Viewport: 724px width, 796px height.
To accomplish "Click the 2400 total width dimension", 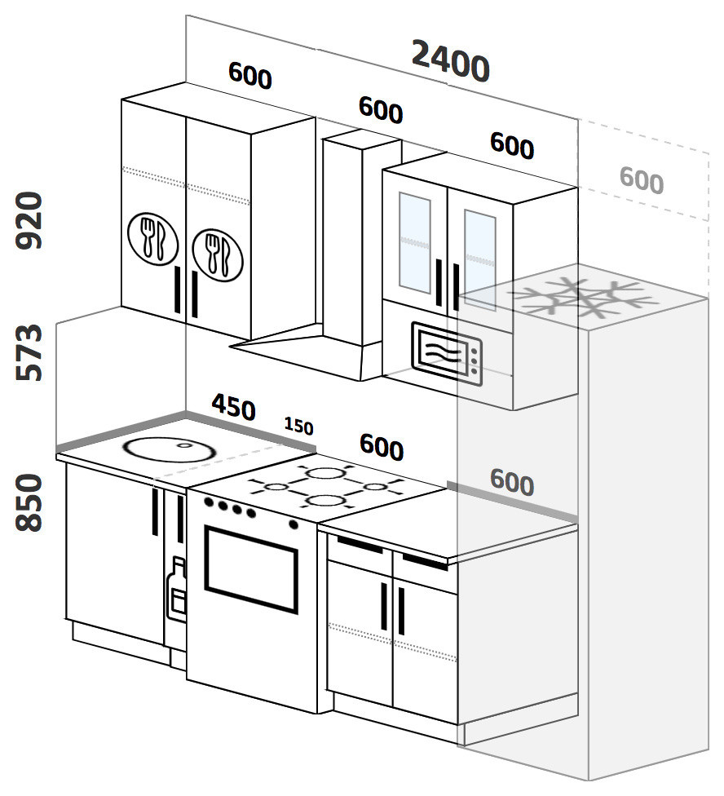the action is [x=451, y=61].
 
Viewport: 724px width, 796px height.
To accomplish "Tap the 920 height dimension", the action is [x=29, y=220].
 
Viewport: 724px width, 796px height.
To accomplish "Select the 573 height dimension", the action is [x=29, y=352].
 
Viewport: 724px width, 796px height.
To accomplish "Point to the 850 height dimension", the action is [x=29, y=502].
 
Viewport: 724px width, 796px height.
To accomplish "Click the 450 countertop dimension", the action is [x=233, y=407].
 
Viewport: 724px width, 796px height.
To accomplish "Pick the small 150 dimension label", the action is [x=298, y=426].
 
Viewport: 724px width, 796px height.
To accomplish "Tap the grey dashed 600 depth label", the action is [x=642, y=180].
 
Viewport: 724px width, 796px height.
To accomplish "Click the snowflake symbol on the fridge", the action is [x=584, y=298].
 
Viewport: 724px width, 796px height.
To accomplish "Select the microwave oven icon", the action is [x=447, y=354].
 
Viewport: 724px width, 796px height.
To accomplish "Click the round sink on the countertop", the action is [x=170, y=449].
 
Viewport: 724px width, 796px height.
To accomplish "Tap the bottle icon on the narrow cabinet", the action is [x=177, y=589].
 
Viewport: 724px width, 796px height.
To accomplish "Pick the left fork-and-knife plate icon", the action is [x=152, y=239].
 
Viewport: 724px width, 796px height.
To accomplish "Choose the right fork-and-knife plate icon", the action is [x=218, y=254].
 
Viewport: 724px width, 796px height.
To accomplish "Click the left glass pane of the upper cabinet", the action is [x=415, y=243].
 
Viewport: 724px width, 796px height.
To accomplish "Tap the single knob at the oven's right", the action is [x=294, y=524].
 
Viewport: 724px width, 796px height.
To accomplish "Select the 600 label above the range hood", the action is [x=381, y=109].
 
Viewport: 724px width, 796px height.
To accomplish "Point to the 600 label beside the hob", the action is [x=382, y=447].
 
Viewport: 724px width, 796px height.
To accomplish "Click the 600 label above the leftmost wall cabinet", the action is [x=250, y=75].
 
